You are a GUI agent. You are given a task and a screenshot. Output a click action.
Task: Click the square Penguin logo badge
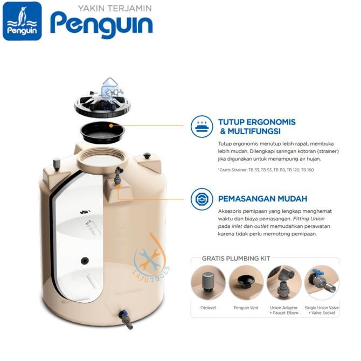click(x=22, y=21)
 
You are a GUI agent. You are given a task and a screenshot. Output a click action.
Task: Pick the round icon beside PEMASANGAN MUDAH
click(x=203, y=197)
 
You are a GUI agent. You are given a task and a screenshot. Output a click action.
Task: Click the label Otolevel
click(x=209, y=308)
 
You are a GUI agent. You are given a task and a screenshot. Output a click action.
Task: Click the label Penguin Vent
click(x=246, y=308)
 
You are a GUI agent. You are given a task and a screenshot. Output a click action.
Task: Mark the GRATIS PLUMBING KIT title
click(x=236, y=258)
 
